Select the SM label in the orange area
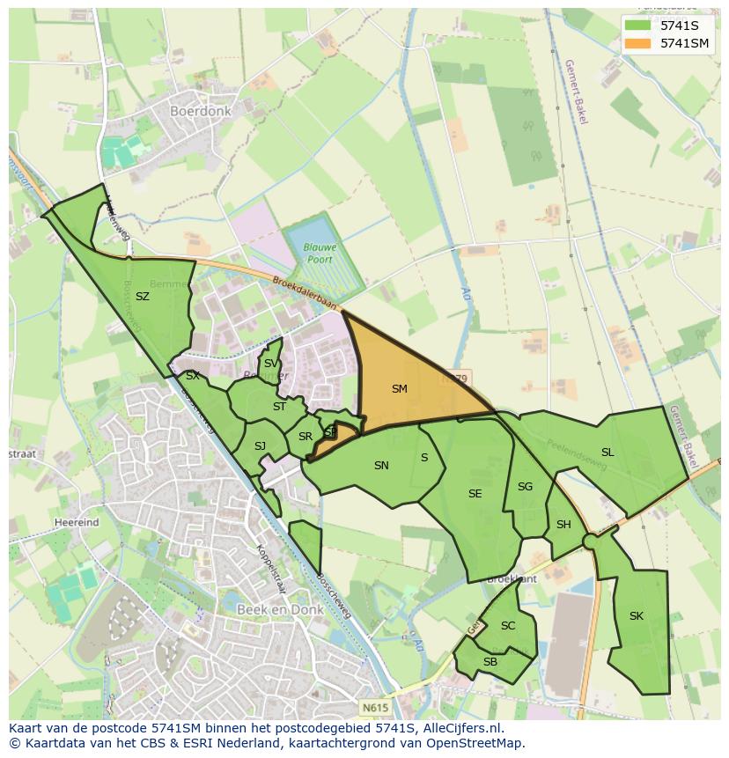[400, 388]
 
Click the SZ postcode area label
[142, 297]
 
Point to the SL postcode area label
[607, 453]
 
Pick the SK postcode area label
[636, 616]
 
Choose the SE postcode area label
[475, 494]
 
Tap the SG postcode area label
[525, 487]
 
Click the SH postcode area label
[563, 525]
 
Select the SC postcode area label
[507, 626]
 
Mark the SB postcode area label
[490, 662]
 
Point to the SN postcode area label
[381, 466]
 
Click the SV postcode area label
[271, 364]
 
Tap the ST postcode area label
[279, 407]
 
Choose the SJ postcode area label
[260, 446]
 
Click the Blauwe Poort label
[320, 254]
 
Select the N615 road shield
[373, 706]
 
